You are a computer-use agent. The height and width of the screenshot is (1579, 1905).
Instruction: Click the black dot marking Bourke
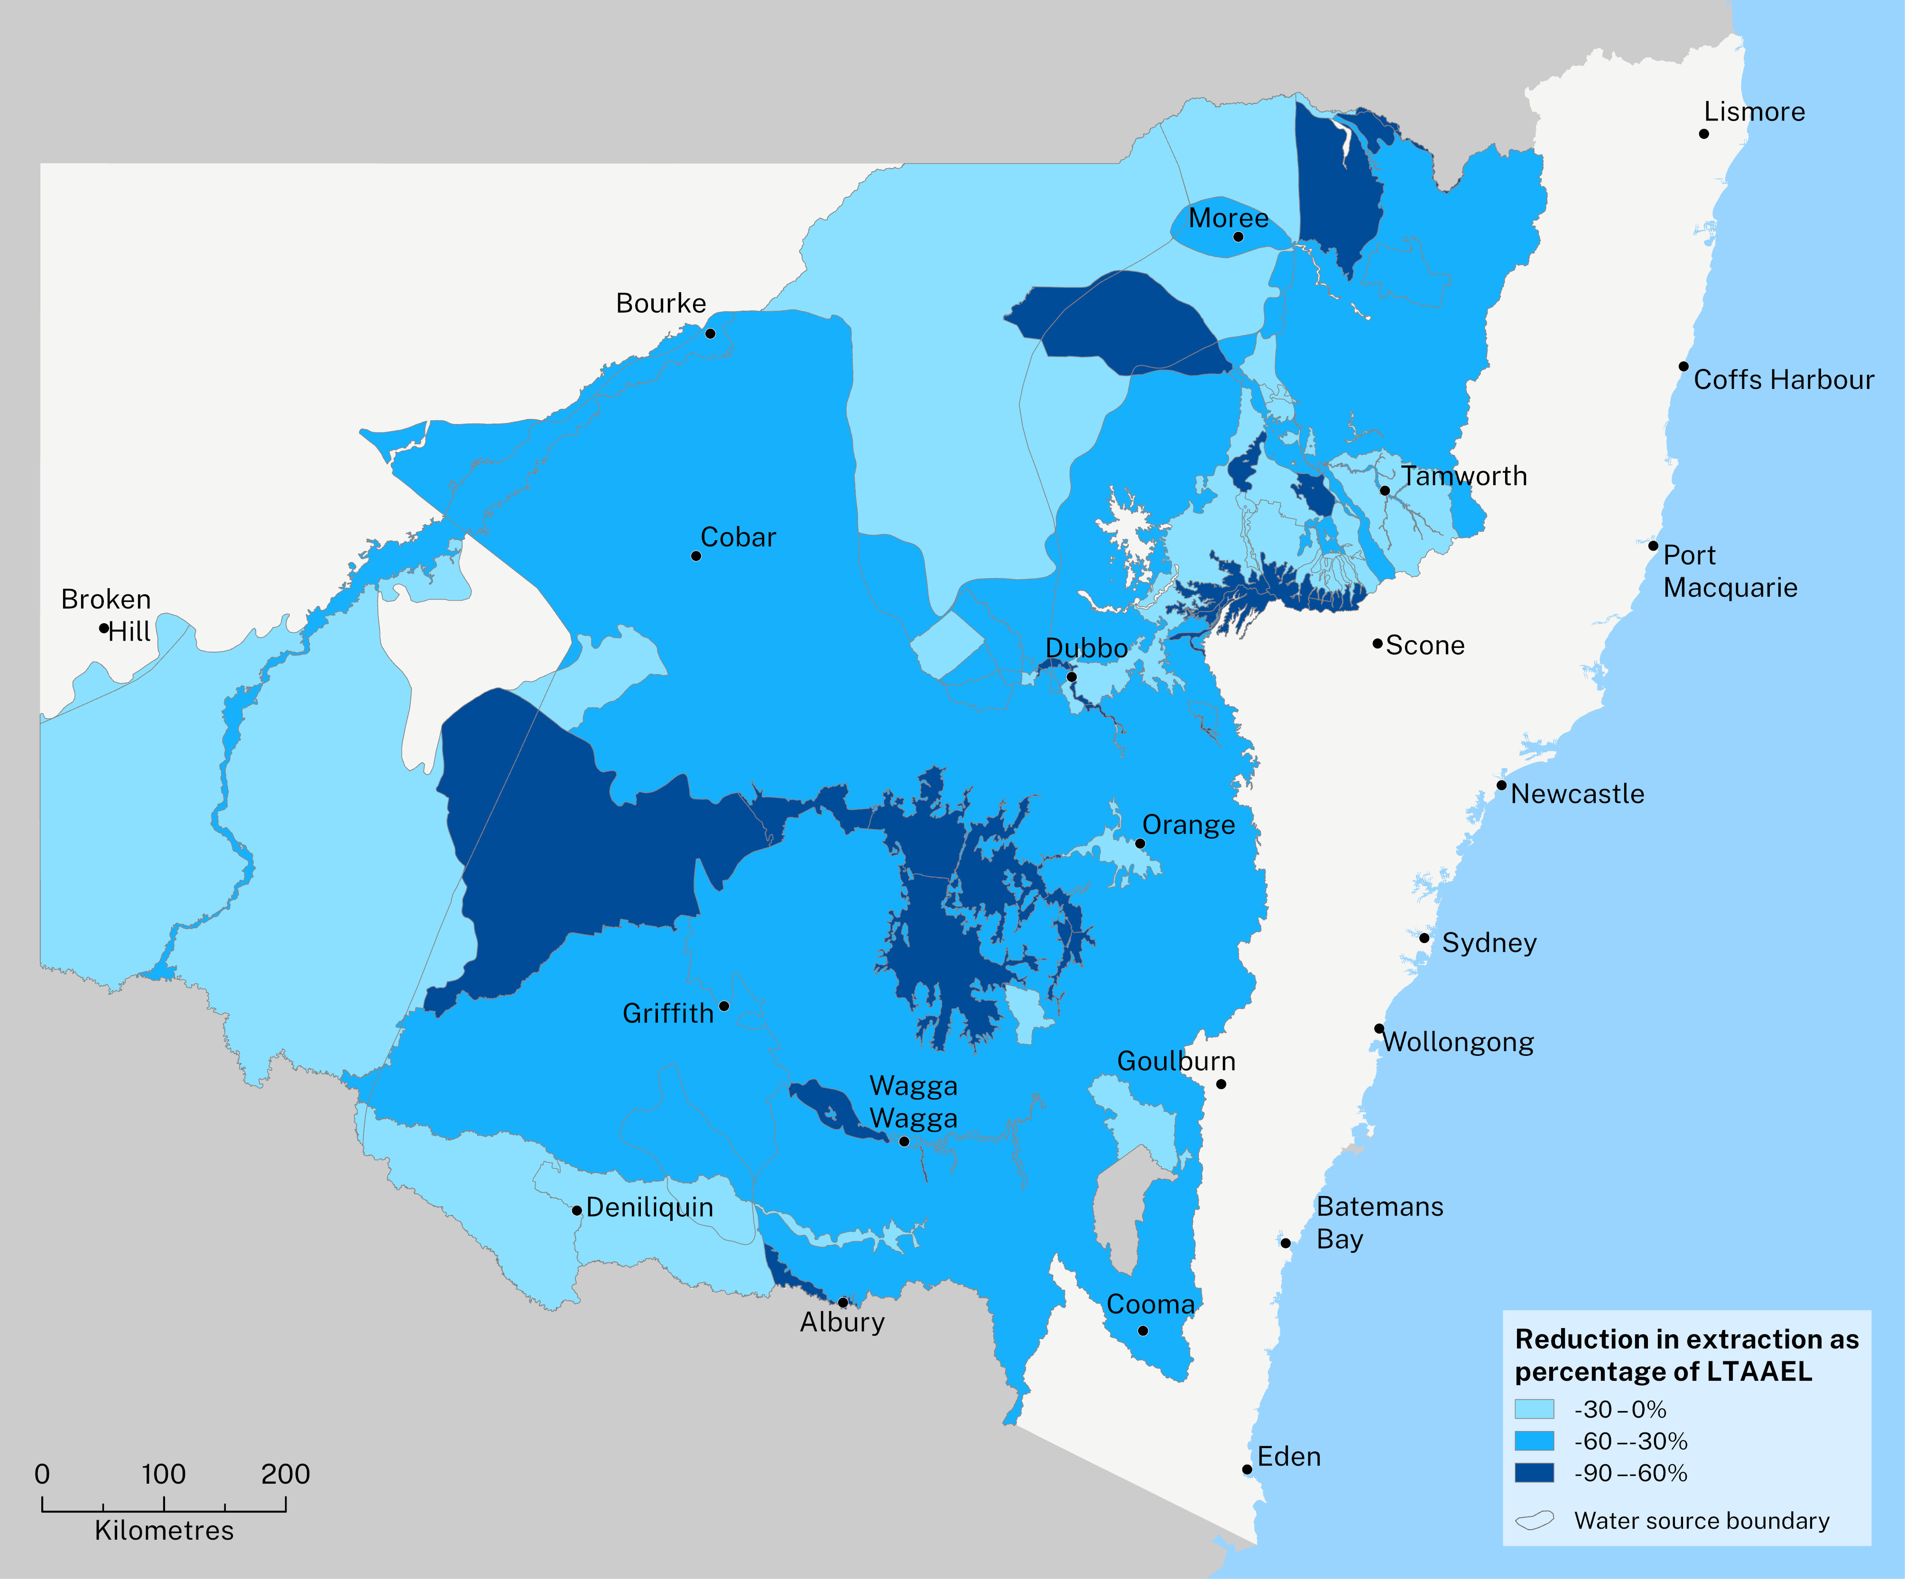[x=710, y=334]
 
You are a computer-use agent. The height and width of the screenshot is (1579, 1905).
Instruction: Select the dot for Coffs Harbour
[x=1683, y=366]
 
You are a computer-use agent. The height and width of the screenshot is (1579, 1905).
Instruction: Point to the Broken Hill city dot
[x=104, y=628]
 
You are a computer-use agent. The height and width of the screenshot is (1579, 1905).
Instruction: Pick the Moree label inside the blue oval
[x=1228, y=219]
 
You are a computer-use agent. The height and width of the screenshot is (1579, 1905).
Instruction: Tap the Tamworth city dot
[x=1384, y=490]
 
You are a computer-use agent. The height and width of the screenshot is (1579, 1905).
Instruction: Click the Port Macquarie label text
[x=1729, y=572]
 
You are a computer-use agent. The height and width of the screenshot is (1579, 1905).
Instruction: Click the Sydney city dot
[x=1424, y=938]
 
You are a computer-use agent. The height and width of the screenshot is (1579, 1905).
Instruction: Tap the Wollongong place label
[x=1458, y=1042]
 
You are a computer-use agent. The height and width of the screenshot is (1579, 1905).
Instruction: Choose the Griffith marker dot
[x=724, y=1006]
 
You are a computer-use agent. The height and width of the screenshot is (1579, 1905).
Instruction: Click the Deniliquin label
[x=649, y=1207]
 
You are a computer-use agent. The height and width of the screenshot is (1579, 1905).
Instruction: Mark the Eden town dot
[x=1247, y=1469]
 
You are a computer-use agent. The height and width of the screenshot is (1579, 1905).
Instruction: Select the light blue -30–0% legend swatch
[x=1534, y=1409]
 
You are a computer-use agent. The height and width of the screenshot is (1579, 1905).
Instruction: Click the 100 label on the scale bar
[x=163, y=1474]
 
